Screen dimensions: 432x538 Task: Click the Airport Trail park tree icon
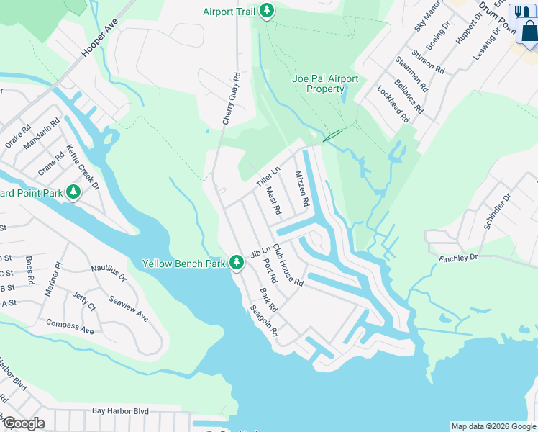pyautogui.click(x=267, y=12)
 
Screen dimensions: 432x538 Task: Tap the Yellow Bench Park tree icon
pyautogui.click(x=237, y=264)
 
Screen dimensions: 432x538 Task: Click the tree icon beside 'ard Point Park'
pyautogui.click(x=73, y=192)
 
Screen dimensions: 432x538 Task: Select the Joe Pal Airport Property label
pyautogui.click(x=325, y=84)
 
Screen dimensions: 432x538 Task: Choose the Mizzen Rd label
pyautogui.click(x=301, y=189)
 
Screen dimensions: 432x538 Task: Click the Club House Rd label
pyautogui.click(x=288, y=264)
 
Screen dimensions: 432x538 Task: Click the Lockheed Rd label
pyautogui.click(x=393, y=104)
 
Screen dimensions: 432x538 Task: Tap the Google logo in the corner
pyautogui.click(x=23, y=423)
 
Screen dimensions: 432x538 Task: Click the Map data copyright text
pyautogui.click(x=493, y=426)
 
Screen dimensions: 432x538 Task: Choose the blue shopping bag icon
pyautogui.click(x=528, y=30)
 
